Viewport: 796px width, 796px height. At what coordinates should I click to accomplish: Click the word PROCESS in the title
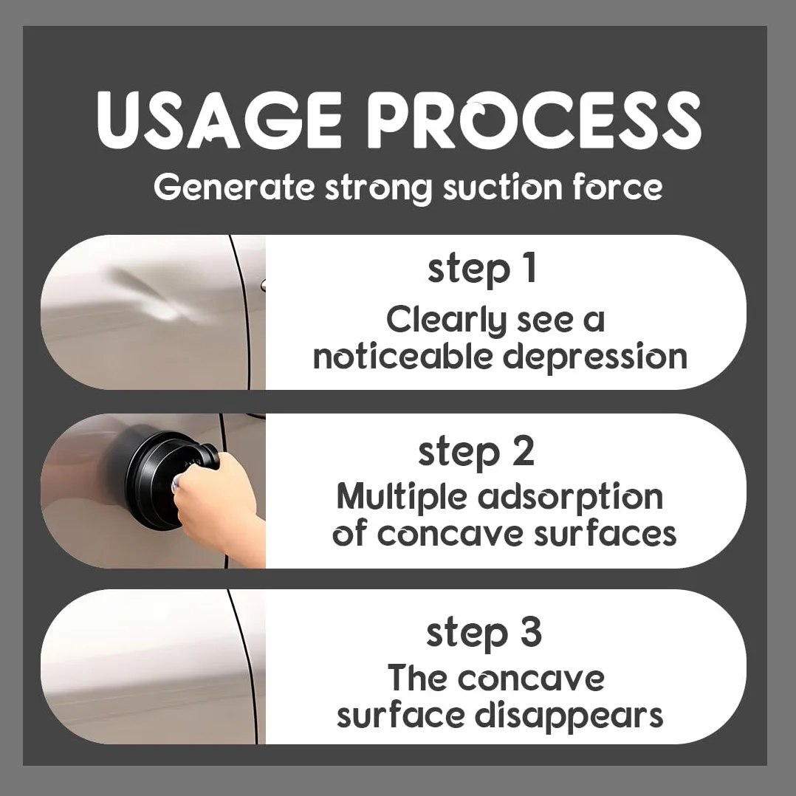538,120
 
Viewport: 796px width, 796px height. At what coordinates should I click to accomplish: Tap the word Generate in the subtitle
234,188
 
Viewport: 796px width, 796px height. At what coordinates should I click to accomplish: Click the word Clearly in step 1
447,320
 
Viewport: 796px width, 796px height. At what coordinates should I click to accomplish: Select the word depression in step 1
595,357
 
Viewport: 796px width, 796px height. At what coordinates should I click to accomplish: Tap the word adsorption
571,498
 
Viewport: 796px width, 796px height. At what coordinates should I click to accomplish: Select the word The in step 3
418,677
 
